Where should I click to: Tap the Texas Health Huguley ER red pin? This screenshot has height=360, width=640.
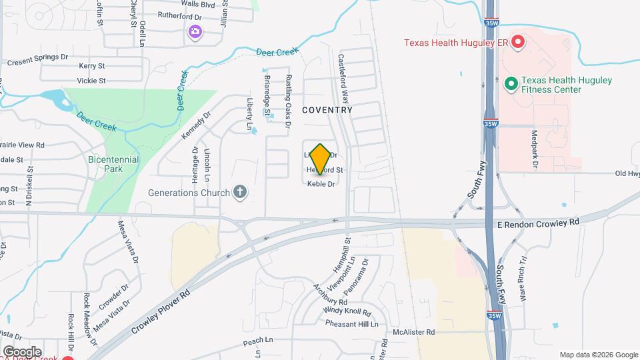(517, 43)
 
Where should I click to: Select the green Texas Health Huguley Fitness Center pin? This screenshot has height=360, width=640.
(511, 84)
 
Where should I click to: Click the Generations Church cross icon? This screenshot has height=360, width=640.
(240, 193)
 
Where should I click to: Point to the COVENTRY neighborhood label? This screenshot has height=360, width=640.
(327, 109)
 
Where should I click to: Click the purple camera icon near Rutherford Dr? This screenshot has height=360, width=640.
(195, 31)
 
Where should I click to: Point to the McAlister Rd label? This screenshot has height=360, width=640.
(413, 331)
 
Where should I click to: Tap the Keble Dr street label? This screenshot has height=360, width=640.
(321, 184)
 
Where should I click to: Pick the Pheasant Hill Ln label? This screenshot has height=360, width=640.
(351, 324)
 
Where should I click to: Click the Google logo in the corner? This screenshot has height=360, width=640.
(21, 351)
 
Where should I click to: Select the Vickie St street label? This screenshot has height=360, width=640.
(91, 81)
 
